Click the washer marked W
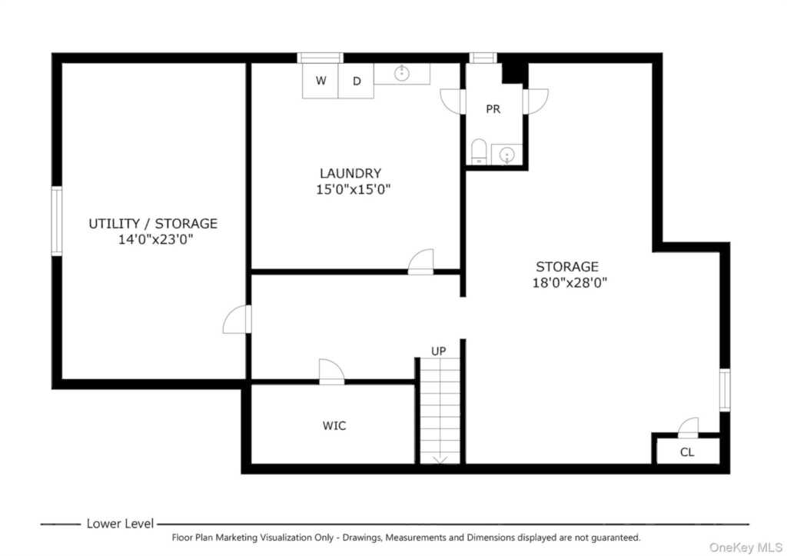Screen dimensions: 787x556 point(320,80)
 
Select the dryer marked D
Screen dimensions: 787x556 point(357,80)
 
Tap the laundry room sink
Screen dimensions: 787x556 point(401,73)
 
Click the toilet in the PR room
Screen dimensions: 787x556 point(479,151)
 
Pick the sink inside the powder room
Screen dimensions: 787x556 point(507,155)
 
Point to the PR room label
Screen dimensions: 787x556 point(493,109)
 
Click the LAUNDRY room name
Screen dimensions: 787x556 point(350,173)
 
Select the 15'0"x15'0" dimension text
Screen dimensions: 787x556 point(354,189)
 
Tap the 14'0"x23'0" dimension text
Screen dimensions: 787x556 point(155,239)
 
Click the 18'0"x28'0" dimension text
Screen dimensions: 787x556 point(569,282)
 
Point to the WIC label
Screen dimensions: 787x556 point(334,426)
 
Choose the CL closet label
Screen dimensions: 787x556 point(687,452)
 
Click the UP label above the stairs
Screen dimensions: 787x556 point(439,351)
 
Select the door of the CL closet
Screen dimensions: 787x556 point(688,428)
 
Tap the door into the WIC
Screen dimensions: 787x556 point(332,372)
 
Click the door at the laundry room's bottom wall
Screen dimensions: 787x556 point(420,261)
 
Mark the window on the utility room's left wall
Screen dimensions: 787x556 point(57,221)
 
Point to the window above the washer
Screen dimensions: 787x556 point(320,58)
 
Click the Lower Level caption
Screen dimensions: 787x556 point(120,524)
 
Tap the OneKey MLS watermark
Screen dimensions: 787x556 point(745,547)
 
